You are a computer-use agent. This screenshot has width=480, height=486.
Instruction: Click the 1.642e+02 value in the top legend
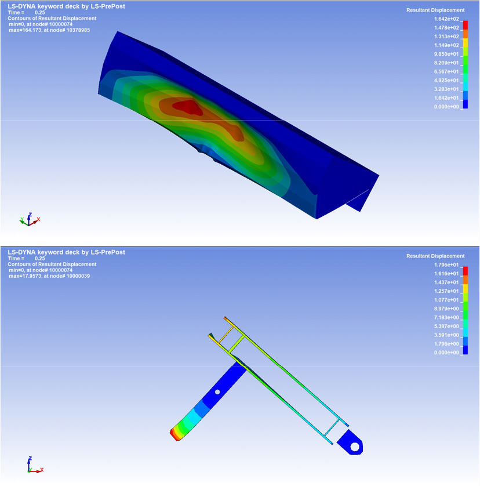click(x=446, y=19)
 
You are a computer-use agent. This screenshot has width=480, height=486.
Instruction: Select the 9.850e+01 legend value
click(x=446, y=54)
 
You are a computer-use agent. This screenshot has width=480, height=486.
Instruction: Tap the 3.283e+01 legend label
click(x=446, y=89)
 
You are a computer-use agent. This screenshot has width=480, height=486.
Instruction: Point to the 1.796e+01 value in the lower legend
click(x=446, y=264)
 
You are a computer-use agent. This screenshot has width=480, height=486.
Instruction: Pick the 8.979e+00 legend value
click(x=446, y=309)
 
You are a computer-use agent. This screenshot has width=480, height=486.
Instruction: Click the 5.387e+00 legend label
click(x=446, y=327)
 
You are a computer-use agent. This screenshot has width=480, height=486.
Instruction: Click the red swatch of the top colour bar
click(x=465, y=25)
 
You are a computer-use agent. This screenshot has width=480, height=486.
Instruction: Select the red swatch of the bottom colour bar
click(x=465, y=271)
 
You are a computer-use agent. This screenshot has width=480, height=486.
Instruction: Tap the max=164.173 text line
click(x=49, y=30)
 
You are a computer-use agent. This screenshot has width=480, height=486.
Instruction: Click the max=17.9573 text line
click(x=49, y=276)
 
